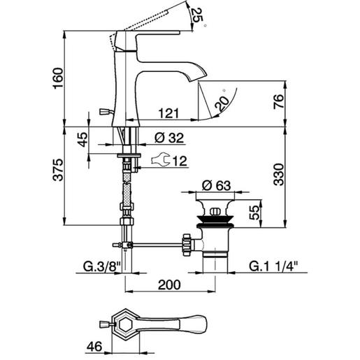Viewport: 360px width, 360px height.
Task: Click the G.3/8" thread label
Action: (x=101, y=266)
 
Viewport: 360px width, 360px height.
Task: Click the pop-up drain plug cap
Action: (x=215, y=209)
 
